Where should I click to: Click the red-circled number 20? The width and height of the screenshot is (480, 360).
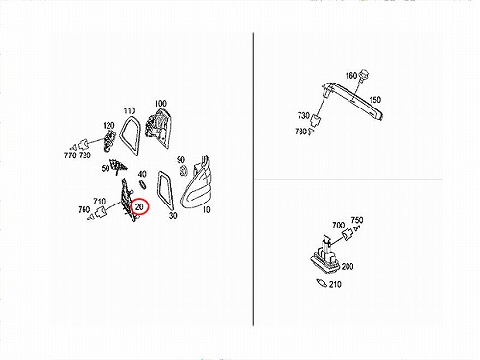click(139, 207)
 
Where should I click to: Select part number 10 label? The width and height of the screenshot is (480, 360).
click(206, 210)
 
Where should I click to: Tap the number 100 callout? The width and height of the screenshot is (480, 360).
click(160, 104)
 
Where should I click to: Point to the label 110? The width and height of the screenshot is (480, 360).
click(130, 111)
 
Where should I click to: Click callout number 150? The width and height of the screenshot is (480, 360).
click(375, 100)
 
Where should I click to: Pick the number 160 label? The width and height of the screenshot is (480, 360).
click(351, 76)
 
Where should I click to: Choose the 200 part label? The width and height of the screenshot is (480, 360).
click(348, 266)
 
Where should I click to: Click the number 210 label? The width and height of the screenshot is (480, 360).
click(335, 284)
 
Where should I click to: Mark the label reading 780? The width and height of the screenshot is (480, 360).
click(300, 132)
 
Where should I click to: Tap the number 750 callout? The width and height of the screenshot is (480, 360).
click(357, 220)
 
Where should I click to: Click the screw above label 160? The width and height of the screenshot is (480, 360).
click(364, 76)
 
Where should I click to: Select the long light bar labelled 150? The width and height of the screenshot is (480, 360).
click(353, 100)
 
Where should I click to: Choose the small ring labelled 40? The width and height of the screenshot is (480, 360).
click(143, 184)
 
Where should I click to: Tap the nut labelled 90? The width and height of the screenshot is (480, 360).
click(183, 170)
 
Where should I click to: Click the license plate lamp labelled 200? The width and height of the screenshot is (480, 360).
click(325, 255)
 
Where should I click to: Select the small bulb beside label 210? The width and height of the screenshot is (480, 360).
click(321, 283)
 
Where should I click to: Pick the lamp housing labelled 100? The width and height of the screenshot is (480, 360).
click(157, 128)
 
